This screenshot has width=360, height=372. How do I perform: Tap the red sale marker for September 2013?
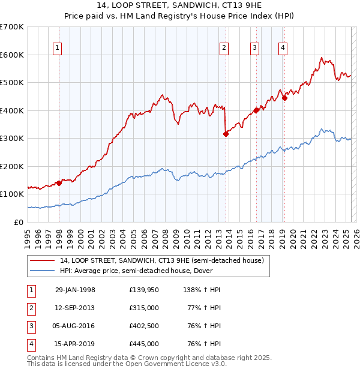click(226, 134)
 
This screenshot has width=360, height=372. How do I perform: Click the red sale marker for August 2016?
click(256, 110)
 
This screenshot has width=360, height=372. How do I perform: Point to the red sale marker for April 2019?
click(284, 98)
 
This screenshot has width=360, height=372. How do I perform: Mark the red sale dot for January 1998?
click(59, 183)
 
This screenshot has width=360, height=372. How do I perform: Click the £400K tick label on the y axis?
click(12, 110)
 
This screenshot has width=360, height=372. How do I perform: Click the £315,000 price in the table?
click(143, 308)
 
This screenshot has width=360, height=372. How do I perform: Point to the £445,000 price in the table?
click(143, 344)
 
